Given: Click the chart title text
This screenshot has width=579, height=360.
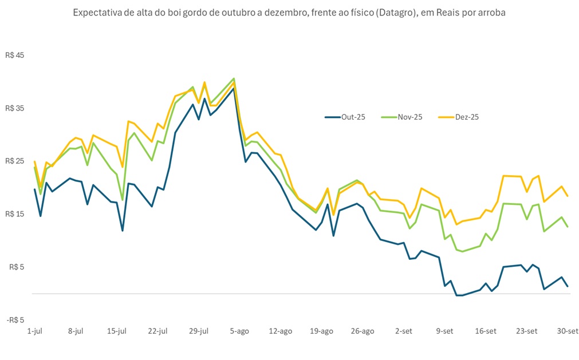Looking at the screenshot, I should click(289, 13).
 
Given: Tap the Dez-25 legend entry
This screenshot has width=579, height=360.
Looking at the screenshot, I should click(459, 117).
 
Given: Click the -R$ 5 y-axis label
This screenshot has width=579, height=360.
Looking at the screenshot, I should click(15, 319).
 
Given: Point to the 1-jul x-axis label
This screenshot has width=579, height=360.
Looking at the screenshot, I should click(35, 331).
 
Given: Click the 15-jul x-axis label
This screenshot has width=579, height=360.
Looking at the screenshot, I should click(116, 331).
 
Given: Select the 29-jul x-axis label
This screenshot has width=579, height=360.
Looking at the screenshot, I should click(199, 331).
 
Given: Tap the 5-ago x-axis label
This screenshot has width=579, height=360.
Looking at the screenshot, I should click(239, 331).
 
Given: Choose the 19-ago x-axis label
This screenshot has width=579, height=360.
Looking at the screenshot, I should click(321, 331).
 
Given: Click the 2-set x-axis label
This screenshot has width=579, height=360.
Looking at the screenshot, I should click(404, 331).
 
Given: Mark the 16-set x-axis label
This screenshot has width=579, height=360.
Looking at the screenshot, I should click(486, 331).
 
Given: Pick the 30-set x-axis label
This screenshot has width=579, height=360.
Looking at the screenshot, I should click(568, 331).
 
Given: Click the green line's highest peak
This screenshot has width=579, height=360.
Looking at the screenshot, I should click(234, 78).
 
